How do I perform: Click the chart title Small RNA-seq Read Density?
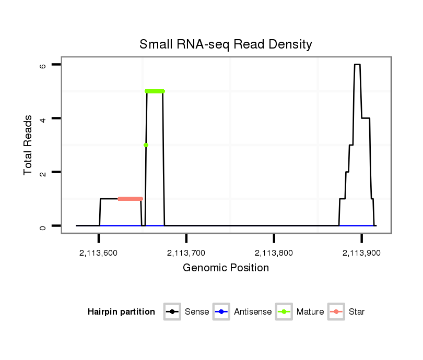pyautogui.click(x=226, y=45)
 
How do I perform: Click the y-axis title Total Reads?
pyautogui.click(x=29, y=145)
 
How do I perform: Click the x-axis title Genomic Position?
pyautogui.click(x=226, y=268)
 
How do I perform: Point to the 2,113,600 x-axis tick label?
pyautogui.click(x=99, y=253)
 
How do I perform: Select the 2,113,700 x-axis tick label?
pyautogui.click(x=186, y=253)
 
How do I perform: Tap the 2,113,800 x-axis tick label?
pyautogui.click(x=274, y=253)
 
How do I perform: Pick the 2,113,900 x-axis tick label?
pyautogui.click(x=361, y=253)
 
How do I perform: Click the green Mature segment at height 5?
pyautogui.click(x=155, y=91)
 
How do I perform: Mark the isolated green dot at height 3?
pyautogui.click(x=146, y=145)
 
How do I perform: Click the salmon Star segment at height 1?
pyautogui.click(x=130, y=199)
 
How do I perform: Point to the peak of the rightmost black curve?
pyautogui.click(x=357, y=65)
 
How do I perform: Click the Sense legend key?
pyautogui.click(x=172, y=312)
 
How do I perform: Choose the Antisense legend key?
pyautogui.click(x=221, y=312)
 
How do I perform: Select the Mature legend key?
pyautogui.click(x=284, y=312)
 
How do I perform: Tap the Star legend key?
pyautogui.click(x=336, y=312)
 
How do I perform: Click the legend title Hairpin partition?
pyautogui.click(x=122, y=312)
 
